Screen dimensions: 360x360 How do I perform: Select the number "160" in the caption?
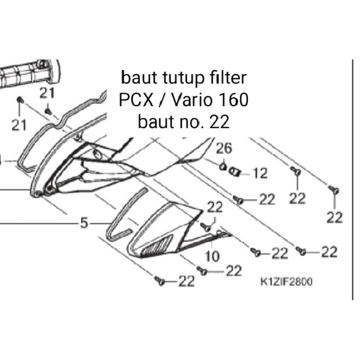click(232, 100)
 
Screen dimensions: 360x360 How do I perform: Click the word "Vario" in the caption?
click(191, 100)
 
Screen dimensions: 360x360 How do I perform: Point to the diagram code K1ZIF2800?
click(286, 282)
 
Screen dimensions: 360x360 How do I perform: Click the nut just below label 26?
click(222, 167)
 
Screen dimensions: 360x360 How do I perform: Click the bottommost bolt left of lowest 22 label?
click(159, 281)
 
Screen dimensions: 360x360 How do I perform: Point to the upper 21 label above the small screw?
click(47, 94)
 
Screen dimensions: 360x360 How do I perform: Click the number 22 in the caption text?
click(220, 121)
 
